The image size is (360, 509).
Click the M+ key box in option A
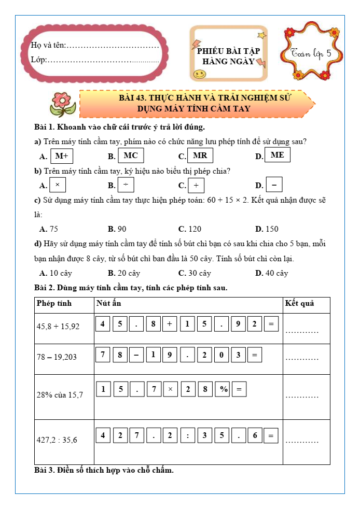tap(62, 156)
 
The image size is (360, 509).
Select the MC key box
tap(131, 155)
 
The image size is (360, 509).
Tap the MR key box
tap(200, 155)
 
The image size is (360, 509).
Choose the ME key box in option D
tap(277, 155)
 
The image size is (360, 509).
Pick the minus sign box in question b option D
tap(274, 185)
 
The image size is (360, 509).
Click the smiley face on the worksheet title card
tap(198, 74)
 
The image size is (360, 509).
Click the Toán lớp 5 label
tap(315, 54)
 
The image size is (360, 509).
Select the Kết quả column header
tap(300, 303)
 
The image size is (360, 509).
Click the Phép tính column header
tap(54, 303)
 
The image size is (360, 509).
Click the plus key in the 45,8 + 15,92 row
tap(169, 325)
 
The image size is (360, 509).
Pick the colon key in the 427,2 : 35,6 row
tap(187, 436)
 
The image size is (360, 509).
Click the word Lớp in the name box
tap(38, 60)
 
